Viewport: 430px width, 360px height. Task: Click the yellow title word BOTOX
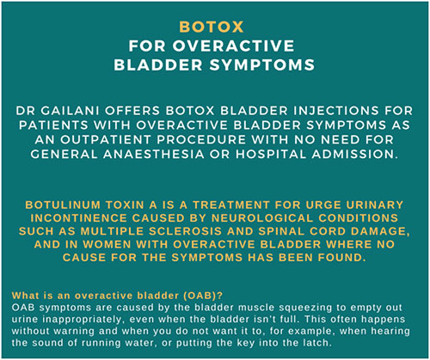212,27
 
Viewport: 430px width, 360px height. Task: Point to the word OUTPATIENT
106,140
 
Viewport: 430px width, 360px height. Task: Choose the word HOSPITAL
271,155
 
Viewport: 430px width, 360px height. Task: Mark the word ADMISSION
355,155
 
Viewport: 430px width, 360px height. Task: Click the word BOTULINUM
63,205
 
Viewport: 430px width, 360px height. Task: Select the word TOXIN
125,205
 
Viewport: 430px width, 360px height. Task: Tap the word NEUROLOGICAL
262,218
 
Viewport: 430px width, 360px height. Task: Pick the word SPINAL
281,231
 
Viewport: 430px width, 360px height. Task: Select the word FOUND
341,258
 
